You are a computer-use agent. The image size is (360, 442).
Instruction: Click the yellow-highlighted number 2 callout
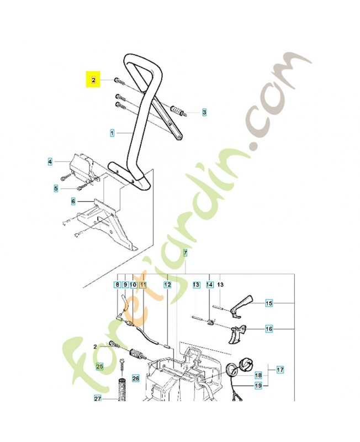pyautogui.click(x=93, y=80)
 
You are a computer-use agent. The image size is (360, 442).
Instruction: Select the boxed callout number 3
pyautogui.click(x=204, y=112)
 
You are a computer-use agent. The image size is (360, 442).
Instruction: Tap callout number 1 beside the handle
pyautogui.click(x=112, y=133)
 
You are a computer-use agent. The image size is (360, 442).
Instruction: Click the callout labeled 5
pyautogui.click(x=56, y=188)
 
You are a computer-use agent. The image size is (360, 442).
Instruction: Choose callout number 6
pyautogui.click(x=72, y=202)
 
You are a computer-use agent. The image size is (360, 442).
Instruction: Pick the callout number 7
pyautogui.click(x=186, y=253)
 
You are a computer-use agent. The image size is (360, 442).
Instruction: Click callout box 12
pyautogui.click(x=167, y=285)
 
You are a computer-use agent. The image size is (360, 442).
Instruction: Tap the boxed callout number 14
pyautogui.click(x=209, y=285)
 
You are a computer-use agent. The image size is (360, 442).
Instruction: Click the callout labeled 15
pyautogui.click(x=269, y=303)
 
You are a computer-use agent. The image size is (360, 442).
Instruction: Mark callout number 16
pyautogui.click(x=269, y=329)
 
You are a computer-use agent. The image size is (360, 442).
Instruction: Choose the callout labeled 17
pyautogui.click(x=280, y=369)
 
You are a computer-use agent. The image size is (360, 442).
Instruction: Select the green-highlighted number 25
pyautogui.click(x=100, y=366)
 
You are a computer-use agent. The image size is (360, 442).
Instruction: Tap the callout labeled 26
pyautogui.click(x=136, y=378)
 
